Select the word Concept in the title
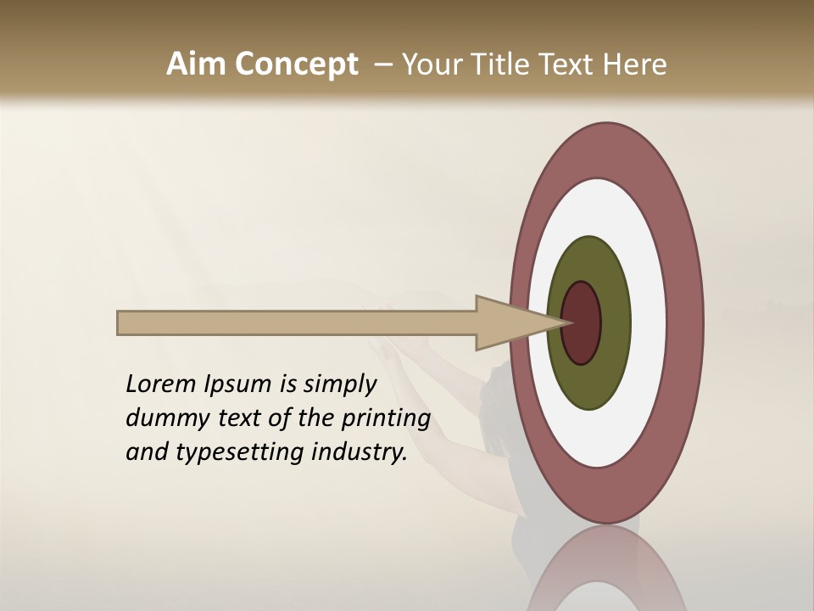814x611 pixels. pyautogui.click(x=296, y=64)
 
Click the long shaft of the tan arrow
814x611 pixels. pyautogui.click(x=297, y=323)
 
